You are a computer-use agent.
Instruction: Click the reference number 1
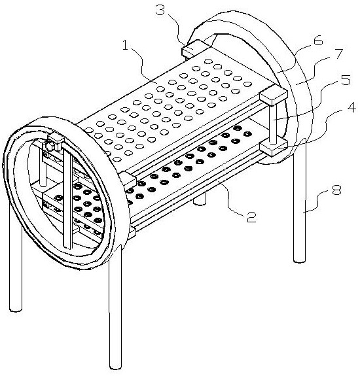tap(126, 45)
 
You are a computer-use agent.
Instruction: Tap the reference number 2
tap(251, 217)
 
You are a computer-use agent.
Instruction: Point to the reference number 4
tap(351, 107)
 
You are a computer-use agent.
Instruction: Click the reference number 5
tap(346, 80)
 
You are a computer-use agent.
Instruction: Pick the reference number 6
tap(318, 41)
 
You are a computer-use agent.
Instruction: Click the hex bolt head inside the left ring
tap(49, 146)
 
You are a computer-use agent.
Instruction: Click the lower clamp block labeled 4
tap(274, 148)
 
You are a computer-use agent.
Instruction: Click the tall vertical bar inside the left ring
tap(67, 198)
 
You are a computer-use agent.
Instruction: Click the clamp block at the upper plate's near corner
tap(128, 179)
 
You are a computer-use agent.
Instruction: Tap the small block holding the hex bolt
tap(56, 141)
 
